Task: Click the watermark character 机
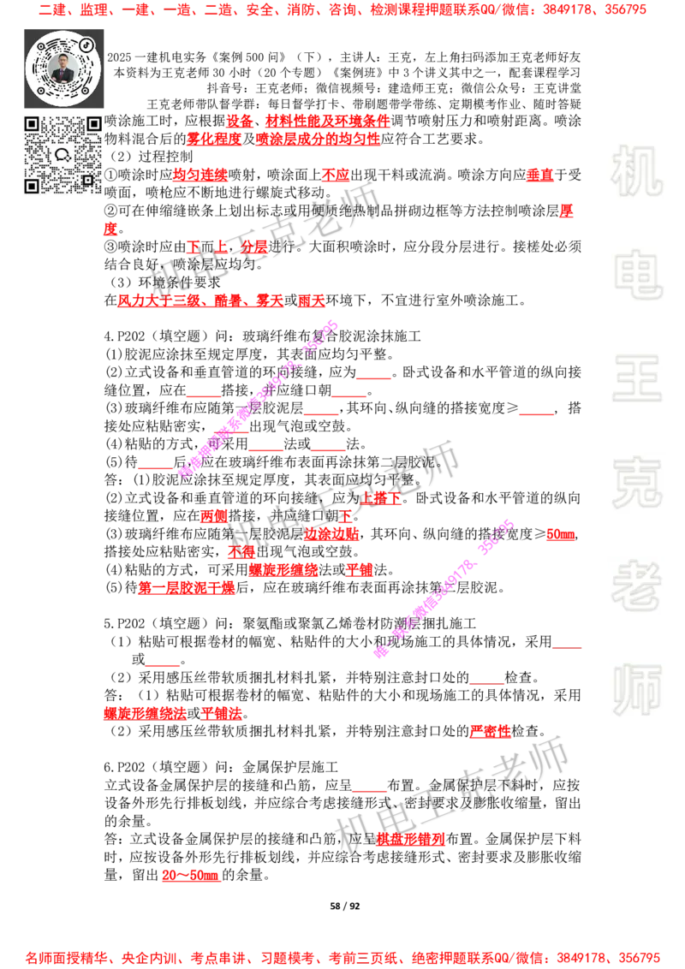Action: pos(636,170)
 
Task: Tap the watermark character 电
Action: pos(640,274)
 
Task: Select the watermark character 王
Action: pos(636,380)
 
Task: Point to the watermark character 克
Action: pos(636,483)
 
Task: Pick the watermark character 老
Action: pos(636,586)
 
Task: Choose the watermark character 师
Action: pos(636,691)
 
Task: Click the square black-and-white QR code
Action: pos(63,154)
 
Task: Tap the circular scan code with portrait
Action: pos(63,68)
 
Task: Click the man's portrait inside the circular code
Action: pos(63,69)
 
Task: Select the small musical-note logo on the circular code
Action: pos(86,45)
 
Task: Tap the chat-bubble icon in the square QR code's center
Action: pos(63,155)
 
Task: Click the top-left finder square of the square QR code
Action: pos(32,124)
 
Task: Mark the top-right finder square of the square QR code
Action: pos(93,124)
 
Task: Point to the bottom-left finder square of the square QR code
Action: pos(32,185)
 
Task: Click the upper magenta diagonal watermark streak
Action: pos(257,399)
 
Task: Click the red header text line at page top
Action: pos(342,11)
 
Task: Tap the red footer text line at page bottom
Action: pos(342,957)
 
